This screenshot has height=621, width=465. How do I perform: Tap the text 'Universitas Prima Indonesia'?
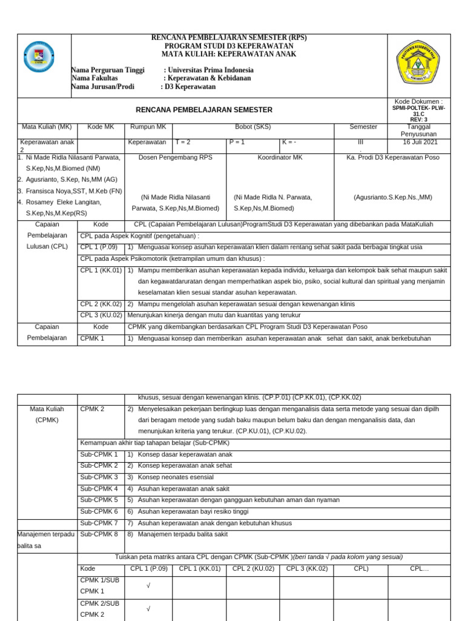210,70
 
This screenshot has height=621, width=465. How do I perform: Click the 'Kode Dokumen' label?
418,101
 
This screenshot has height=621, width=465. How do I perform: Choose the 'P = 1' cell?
237,142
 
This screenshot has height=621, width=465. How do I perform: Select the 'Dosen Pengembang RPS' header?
176,157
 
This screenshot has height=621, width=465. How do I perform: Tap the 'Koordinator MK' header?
280,157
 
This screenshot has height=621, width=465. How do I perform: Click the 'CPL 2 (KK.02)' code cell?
101,304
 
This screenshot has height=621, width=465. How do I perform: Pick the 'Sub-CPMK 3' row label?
99,477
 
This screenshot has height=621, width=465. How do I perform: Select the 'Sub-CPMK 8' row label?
99,534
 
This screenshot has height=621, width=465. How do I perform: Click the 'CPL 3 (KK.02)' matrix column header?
306,569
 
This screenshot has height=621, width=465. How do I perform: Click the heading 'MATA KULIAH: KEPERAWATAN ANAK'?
228,54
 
